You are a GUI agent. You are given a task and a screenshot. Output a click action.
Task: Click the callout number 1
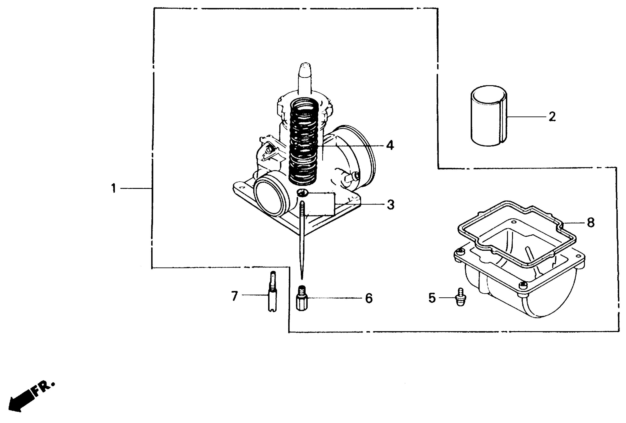114,188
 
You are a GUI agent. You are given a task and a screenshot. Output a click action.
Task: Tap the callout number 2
552,117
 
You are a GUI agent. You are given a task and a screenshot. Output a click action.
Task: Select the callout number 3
390,205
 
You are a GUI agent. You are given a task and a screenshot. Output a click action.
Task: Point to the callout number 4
390,146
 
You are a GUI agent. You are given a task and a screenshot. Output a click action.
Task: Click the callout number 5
432,298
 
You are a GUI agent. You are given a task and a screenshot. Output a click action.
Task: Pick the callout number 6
369,298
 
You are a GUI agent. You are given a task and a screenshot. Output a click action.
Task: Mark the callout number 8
590,223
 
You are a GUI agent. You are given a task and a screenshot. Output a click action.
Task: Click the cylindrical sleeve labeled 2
489,116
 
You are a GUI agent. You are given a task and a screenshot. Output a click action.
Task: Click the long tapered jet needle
302,237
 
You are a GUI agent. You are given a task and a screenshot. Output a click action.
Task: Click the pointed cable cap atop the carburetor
305,78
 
